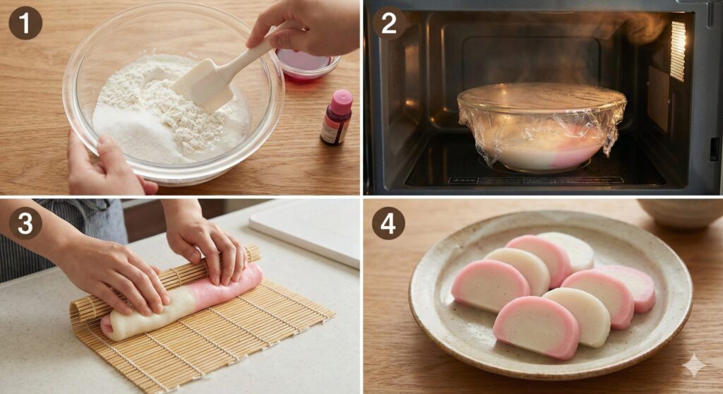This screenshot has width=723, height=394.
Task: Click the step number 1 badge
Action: [25, 23]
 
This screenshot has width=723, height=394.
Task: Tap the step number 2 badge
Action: [389, 23]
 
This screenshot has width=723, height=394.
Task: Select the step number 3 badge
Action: [25, 223]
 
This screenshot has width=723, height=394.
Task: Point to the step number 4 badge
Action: [388, 223]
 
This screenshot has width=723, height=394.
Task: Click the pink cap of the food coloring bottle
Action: [342, 101]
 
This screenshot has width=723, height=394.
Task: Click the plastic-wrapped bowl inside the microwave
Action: [542, 126]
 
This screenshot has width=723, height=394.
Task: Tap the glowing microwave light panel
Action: [677, 51]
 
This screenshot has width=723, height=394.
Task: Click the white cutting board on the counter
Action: [306, 234]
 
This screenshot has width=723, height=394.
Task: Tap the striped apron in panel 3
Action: [60, 235]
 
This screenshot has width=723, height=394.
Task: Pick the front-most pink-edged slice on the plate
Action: [537, 327]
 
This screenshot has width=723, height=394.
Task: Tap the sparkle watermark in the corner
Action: [694, 366]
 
